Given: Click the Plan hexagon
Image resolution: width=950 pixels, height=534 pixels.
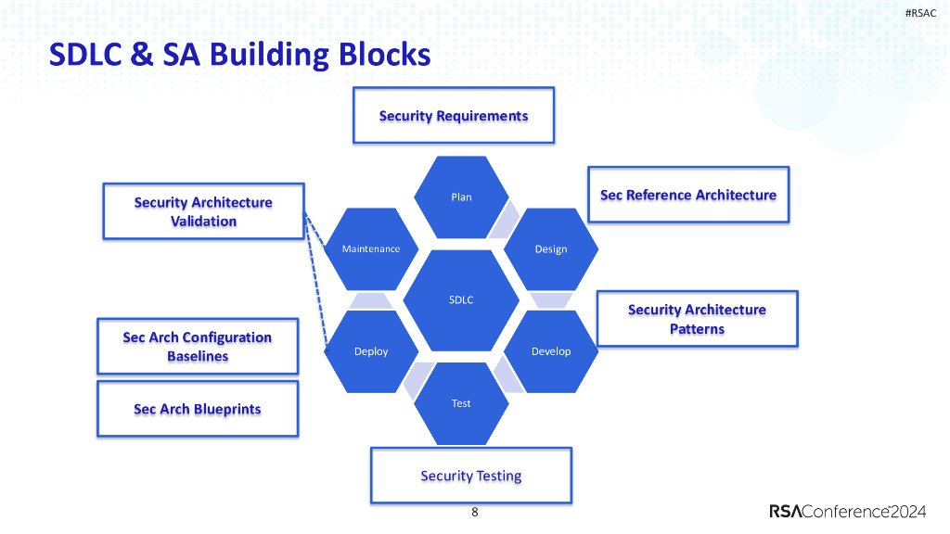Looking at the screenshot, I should pyautogui.click(x=461, y=197).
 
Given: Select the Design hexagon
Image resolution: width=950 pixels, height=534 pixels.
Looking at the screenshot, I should pyautogui.click(x=550, y=248).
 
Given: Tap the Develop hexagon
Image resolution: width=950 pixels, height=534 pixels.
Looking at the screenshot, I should pyautogui.click(x=550, y=351).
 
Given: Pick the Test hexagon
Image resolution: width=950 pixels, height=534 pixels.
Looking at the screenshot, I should pyautogui.click(x=461, y=403).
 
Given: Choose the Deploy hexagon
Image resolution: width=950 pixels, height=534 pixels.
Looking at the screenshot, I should pyautogui.click(x=371, y=351).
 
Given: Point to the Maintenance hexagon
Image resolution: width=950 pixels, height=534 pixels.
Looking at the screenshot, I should pyautogui.click(x=371, y=248).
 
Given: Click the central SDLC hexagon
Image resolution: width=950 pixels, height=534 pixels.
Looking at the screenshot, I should pyautogui.click(x=461, y=299).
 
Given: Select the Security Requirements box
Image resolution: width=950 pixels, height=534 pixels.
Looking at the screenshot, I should pyautogui.click(x=453, y=116).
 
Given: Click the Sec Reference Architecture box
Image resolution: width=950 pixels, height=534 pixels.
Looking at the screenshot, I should pyautogui.click(x=687, y=195).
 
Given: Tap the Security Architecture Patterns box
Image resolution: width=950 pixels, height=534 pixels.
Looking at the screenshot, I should pyautogui.click(x=697, y=319).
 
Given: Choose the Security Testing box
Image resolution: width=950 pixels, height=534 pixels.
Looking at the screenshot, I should pyautogui.click(x=470, y=476).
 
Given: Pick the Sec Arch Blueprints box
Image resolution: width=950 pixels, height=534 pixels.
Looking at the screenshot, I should pyautogui.click(x=198, y=409).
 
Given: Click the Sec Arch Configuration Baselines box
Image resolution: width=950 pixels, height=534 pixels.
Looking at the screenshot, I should pyautogui.click(x=198, y=347).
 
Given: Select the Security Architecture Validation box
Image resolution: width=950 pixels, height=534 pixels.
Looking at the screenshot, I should pyautogui.click(x=203, y=211).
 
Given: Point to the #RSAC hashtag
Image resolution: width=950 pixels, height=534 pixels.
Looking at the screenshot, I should pyautogui.click(x=920, y=12).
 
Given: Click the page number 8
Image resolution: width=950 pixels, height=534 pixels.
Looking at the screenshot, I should pyautogui.click(x=475, y=512).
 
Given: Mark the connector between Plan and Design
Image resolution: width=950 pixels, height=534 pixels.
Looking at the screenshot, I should pyautogui.click(x=507, y=221).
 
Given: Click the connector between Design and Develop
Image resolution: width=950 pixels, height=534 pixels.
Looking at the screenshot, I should pyautogui.click(x=551, y=299).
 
